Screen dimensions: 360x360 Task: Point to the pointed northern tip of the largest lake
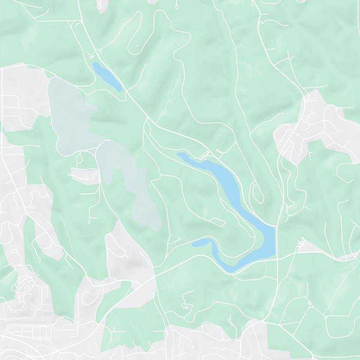[x=179, y=154]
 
